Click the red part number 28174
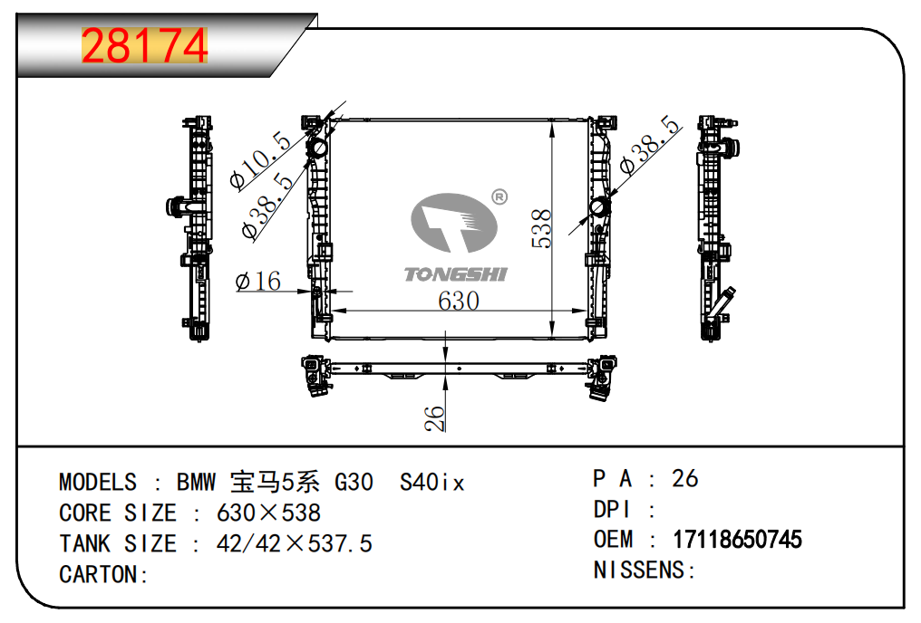coord(144,46)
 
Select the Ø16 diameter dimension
coord(257,282)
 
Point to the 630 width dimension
coord(458,301)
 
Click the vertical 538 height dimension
coord(541,228)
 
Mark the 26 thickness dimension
coord(434,418)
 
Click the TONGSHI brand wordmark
coord(456,274)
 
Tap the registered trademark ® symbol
coord(499,196)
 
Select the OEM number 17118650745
coord(737,540)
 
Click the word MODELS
coord(98,483)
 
